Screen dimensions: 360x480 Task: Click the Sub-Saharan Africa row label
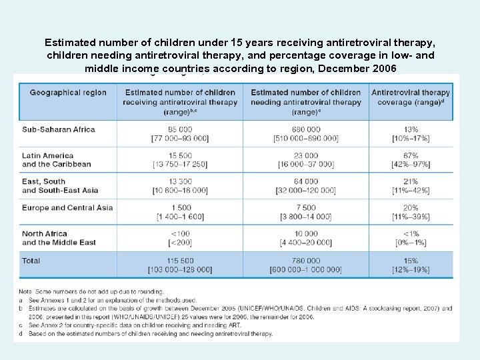tap(59, 129)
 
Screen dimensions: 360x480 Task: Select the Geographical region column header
tap(68, 93)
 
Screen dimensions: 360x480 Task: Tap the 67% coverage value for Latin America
tap(411, 155)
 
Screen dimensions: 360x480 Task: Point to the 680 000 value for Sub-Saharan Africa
tap(305, 129)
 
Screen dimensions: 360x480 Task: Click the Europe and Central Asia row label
tap(67, 208)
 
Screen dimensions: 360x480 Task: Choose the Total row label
tap(31, 261)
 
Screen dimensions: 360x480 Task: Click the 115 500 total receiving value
tap(180, 261)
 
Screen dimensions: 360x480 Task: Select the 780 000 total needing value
tap(305, 261)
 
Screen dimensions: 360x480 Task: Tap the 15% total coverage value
tap(411, 261)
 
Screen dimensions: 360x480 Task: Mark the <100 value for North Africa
tap(180, 234)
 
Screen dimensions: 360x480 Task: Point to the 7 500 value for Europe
tap(305, 208)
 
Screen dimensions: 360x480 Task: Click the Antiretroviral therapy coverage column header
tap(411, 97)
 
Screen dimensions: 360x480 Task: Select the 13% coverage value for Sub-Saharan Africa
tap(411, 129)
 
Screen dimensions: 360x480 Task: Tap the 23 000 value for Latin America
tap(305, 155)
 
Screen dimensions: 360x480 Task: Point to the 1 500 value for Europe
tap(180, 208)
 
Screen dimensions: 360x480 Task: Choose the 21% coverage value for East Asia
tap(411, 181)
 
